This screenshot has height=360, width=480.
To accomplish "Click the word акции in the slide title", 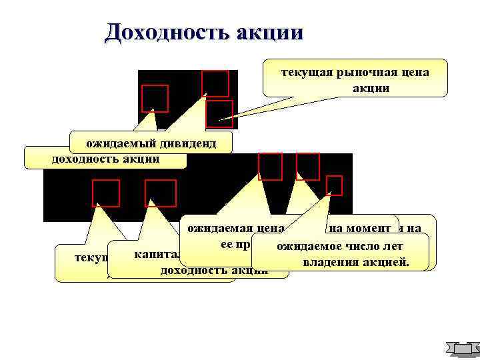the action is [271, 32].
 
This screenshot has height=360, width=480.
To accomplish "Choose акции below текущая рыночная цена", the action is [366, 87].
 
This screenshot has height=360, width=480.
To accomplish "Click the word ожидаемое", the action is [305, 247].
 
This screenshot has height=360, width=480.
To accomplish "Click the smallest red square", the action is [334, 185].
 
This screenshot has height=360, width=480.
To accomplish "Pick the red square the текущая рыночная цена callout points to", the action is [219, 114].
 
